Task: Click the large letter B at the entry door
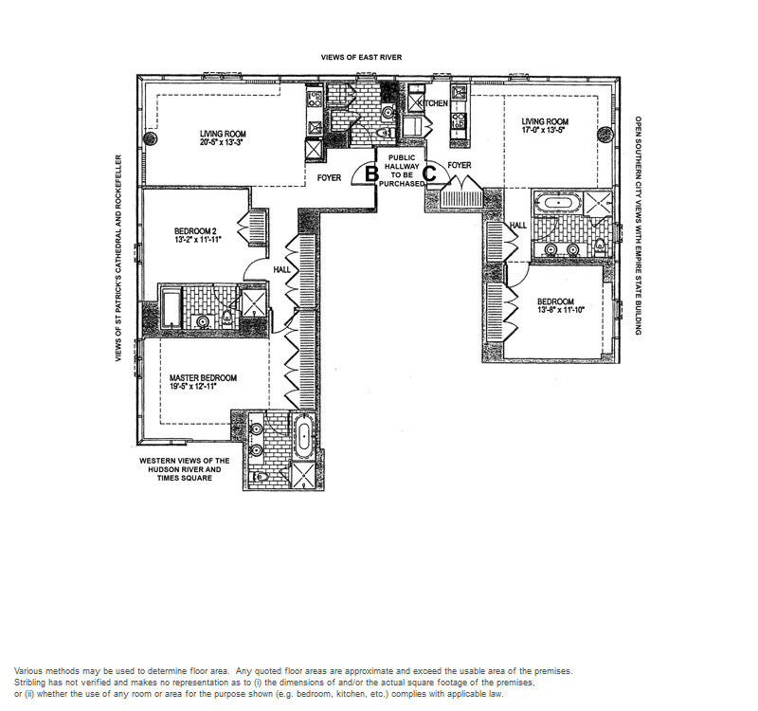click(371, 173)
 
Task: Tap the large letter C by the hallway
click(430, 173)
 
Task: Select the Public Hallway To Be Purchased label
click(402, 171)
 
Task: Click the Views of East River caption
click(361, 57)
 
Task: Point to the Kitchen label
click(433, 103)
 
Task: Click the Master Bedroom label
click(203, 377)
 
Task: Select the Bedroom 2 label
click(198, 230)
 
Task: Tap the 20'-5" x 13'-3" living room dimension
click(223, 143)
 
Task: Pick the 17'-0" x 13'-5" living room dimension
click(544, 130)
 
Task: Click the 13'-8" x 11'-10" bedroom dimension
click(561, 310)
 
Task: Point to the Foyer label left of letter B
click(329, 178)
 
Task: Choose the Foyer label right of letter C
click(460, 165)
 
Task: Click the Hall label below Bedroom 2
click(281, 269)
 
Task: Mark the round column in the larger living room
click(151, 138)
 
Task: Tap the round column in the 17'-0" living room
click(605, 134)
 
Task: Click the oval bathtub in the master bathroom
click(303, 436)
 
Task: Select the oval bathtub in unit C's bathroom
click(558, 201)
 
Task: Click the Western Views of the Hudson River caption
click(185, 469)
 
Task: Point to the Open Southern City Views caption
click(638, 226)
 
